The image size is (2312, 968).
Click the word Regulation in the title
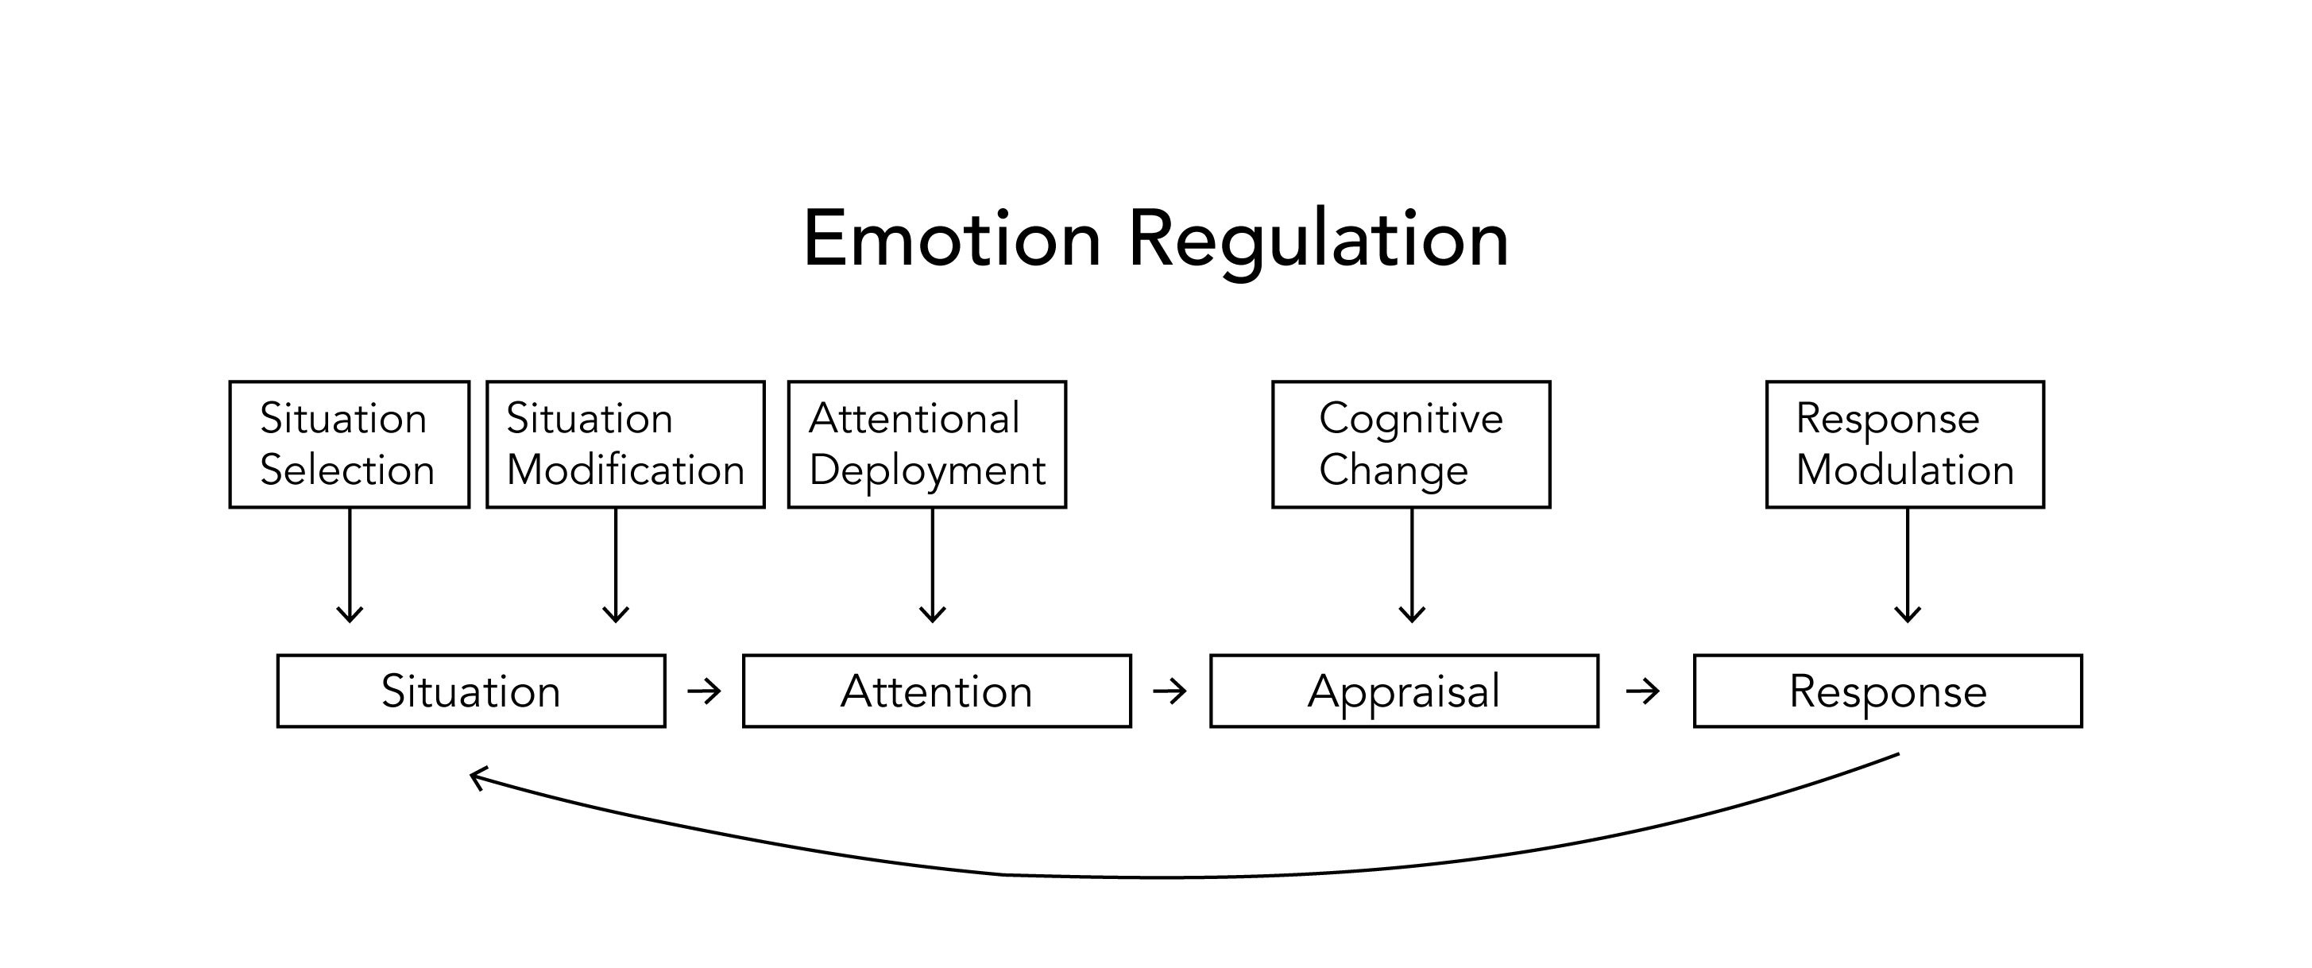pos(1318,242)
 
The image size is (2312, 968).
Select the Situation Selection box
pos(349,444)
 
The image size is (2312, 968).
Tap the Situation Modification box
pos(625,444)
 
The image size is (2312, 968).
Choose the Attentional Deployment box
pos(927,444)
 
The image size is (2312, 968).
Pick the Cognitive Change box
pos(1411,444)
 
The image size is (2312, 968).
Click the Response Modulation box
pos(1905,444)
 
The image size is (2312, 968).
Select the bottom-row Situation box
pos(471,691)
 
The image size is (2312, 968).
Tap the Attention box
pos(937,691)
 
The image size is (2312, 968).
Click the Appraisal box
pos(1405,691)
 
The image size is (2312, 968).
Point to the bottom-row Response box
pos(1889,691)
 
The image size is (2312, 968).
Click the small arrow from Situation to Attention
pos(705,691)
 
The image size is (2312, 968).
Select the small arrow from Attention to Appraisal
pos(1170,691)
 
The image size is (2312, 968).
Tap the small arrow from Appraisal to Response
pos(1643,691)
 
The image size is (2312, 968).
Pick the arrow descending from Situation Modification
pos(616,566)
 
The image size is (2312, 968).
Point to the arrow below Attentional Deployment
pos(934,566)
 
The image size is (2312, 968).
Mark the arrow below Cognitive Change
pos(1413,566)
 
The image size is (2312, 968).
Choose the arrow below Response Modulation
pos(1908,566)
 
